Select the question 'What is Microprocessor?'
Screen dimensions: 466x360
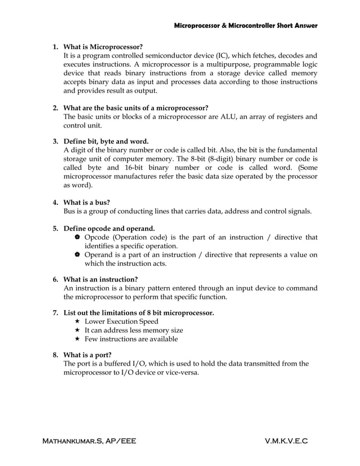[x=103, y=46]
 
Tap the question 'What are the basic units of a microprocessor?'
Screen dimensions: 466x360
[x=135, y=108]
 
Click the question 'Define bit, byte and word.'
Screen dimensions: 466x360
[x=106, y=140]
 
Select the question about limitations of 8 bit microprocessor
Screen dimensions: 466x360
[x=138, y=312]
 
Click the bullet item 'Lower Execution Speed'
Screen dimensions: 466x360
[x=121, y=321]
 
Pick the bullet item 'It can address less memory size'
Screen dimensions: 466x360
[x=134, y=330]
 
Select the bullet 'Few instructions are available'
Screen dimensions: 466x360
[x=131, y=339]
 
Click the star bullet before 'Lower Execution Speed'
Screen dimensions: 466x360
[x=77, y=321]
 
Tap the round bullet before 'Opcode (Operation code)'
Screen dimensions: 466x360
[x=77, y=238]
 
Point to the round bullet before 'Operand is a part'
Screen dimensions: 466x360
[x=77, y=255]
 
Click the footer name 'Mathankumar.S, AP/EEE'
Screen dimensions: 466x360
[x=90, y=439]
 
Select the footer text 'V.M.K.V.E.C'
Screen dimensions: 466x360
[x=286, y=439]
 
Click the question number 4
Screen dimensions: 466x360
[x=55, y=201]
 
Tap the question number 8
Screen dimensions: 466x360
[x=55, y=355]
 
